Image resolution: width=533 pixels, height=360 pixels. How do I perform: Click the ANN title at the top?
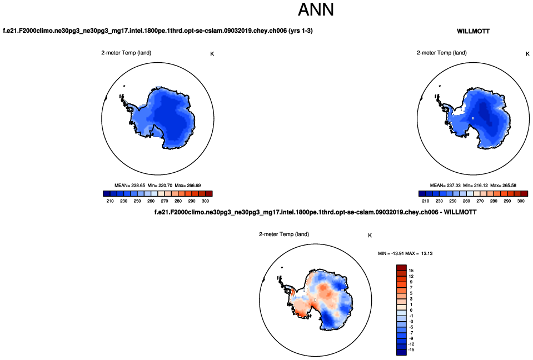[x=316, y=10]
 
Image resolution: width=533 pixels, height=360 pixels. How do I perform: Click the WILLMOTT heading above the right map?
[x=473, y=32]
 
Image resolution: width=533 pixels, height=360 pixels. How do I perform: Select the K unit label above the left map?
[x=212, y=54]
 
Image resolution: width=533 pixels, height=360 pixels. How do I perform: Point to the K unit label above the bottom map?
[x=370, y=236]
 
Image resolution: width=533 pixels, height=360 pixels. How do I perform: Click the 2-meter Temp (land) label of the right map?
[x=442, y=53]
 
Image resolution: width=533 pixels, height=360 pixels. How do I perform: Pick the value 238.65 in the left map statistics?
[x=138, y=185]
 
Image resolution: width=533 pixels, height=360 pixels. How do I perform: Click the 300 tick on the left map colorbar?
[x=205, y=201]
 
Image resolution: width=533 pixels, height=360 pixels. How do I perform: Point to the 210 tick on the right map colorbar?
[x=426, y=201]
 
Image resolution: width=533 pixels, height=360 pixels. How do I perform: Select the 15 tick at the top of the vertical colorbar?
[x=411, y=271]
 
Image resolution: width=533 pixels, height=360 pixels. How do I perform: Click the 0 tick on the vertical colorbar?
[x=411, y=310]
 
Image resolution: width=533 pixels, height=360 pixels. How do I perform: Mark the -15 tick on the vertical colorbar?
[x=411, y=350]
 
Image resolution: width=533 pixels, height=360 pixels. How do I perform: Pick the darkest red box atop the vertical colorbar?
[x=402, y=268]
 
